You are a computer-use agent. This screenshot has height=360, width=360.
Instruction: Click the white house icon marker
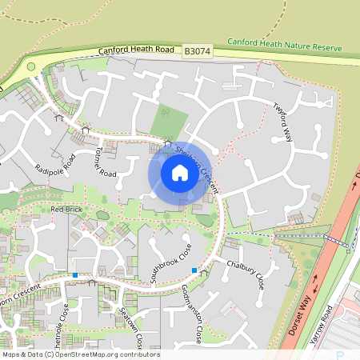180,172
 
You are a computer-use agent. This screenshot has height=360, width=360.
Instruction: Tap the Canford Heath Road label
135,51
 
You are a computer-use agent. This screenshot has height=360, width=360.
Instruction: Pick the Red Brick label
67,209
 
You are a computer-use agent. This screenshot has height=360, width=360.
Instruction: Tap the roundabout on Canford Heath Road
32,68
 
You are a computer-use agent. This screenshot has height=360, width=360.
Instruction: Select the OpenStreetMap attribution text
80,354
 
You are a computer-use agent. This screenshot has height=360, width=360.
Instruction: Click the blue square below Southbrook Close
194,270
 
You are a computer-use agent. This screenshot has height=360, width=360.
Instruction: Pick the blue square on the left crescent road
74,275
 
